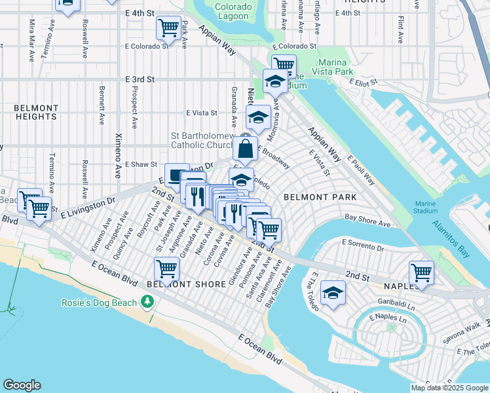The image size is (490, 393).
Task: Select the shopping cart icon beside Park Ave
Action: point(168,28)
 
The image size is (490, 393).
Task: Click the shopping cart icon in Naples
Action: point(421,272)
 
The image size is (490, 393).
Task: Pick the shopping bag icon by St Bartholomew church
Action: point(245,150)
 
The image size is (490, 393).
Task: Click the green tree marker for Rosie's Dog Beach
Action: point(148,301)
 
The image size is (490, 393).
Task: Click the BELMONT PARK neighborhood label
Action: point(320,196)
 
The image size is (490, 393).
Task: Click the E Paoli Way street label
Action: point(362,170)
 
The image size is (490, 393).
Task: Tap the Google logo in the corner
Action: point(22,385)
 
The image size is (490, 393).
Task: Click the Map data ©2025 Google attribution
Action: point(449,388)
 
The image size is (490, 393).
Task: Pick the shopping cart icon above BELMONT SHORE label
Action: point(166,268)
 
